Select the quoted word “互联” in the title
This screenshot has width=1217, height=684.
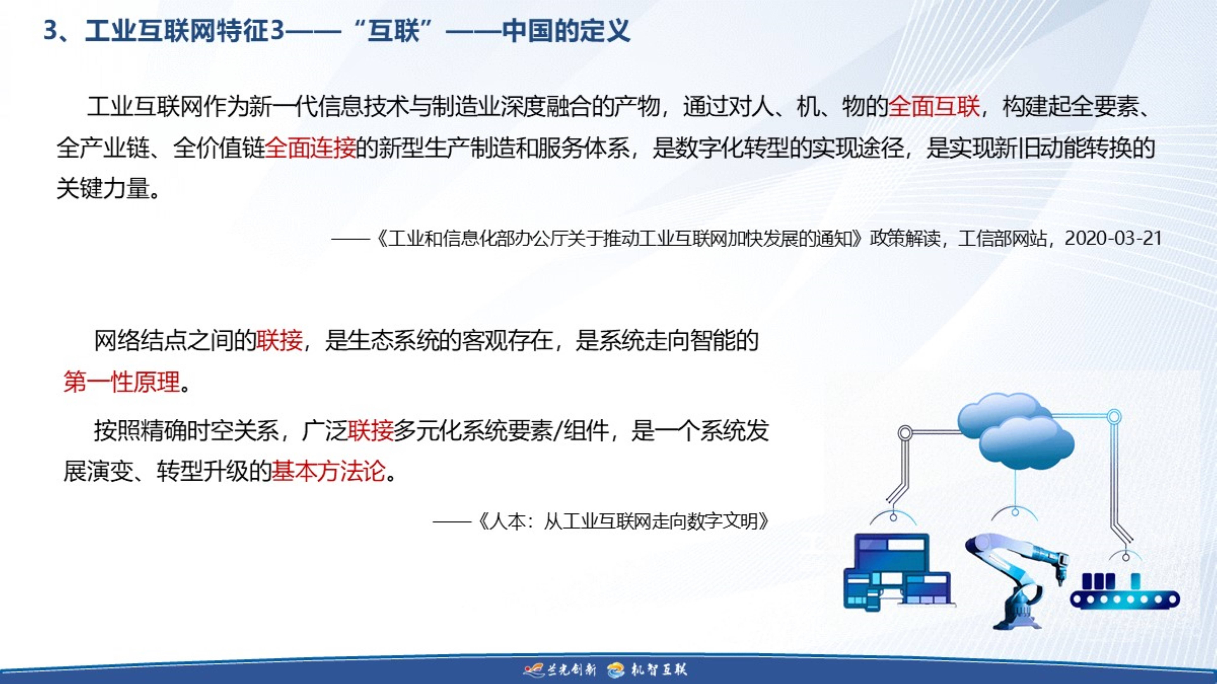coord(393,31)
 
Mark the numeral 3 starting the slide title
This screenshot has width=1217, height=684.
coord(50,31)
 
